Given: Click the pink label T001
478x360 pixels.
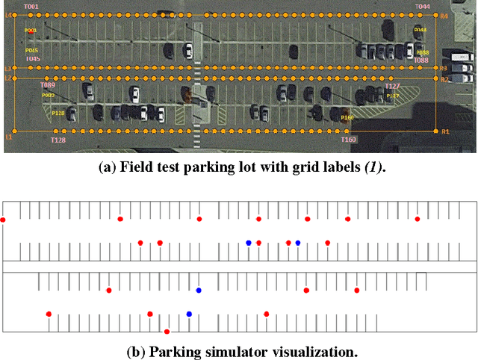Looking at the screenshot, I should click(31, 7).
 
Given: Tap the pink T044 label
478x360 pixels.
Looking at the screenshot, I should click(423, 7).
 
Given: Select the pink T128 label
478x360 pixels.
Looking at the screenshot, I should click(58, 140).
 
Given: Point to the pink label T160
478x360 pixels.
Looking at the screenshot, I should click(349, 140).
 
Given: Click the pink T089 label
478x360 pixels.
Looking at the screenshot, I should click(47, 86).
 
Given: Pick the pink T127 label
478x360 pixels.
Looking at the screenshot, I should click(392, 87).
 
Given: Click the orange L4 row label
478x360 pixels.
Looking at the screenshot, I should click(9, 15).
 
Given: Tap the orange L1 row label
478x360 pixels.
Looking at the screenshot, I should click(9, 137).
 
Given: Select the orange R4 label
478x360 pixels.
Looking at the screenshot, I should click(444, 16).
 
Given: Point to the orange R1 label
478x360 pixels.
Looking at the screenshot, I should click(445, 132).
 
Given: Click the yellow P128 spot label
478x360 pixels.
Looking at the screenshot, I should click(58, 114).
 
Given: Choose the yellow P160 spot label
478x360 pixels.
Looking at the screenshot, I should click(347, 117).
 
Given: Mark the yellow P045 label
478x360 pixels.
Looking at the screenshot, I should click(31, 51).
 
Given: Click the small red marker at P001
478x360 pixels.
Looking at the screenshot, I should click(31, 32).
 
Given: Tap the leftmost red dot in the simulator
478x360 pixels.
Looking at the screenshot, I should click(3, 220).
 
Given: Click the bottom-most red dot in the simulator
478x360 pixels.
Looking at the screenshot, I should click(167, 331).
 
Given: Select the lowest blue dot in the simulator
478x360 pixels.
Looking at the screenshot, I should click(189, 314).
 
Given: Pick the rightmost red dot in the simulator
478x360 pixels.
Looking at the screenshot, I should click(418, 219).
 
